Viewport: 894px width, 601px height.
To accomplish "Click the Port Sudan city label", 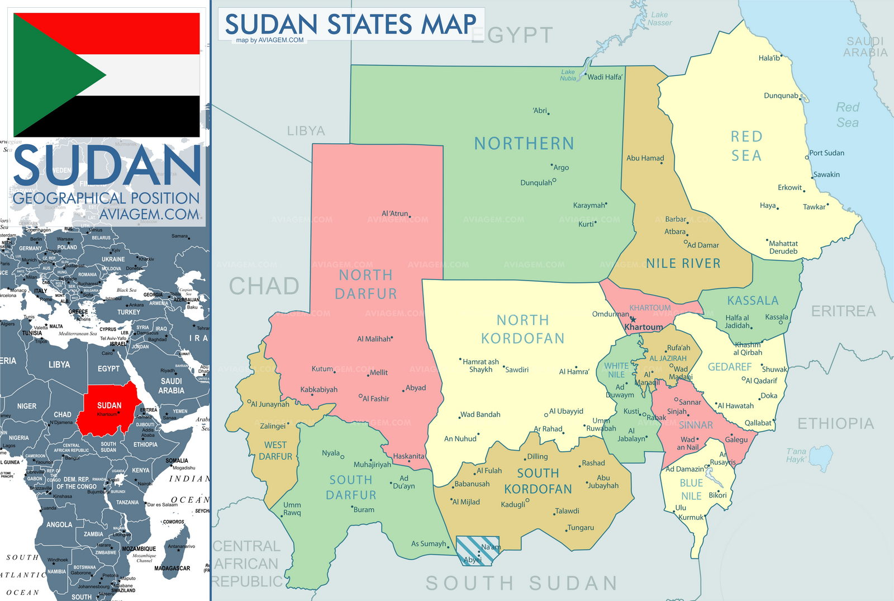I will [x=826, y=153].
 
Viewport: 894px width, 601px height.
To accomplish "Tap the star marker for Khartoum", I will [x=633, y=320].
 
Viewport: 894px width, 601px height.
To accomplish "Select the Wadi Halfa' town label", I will [x=604, y=77].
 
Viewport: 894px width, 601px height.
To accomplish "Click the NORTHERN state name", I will [x=524, y=144].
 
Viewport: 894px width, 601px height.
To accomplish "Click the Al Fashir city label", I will [x=375, y=399].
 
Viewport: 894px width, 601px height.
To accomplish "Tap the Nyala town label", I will [x=331, y=453].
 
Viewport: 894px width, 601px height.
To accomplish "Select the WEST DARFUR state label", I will [x=275, y=451].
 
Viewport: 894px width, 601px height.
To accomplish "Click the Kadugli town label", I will [x=512, y=504].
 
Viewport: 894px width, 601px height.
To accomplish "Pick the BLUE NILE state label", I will [x=691, y=489].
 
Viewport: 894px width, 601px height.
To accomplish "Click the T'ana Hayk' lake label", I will [x=796, y=455].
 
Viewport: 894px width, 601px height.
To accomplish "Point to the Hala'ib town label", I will [x=769, y=58].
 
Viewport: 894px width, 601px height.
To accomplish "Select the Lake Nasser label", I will [x=659, y=19].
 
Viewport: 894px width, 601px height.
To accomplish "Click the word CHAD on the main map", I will [x=264, y=286].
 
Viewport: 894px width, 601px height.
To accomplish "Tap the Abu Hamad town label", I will [x=645, y=158].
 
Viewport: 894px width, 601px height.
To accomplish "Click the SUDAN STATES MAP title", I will [x=350, y=24].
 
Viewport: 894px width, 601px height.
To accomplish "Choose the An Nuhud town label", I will [x=460, y=439].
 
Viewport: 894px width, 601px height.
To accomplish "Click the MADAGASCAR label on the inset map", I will [x=172, y=568].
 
